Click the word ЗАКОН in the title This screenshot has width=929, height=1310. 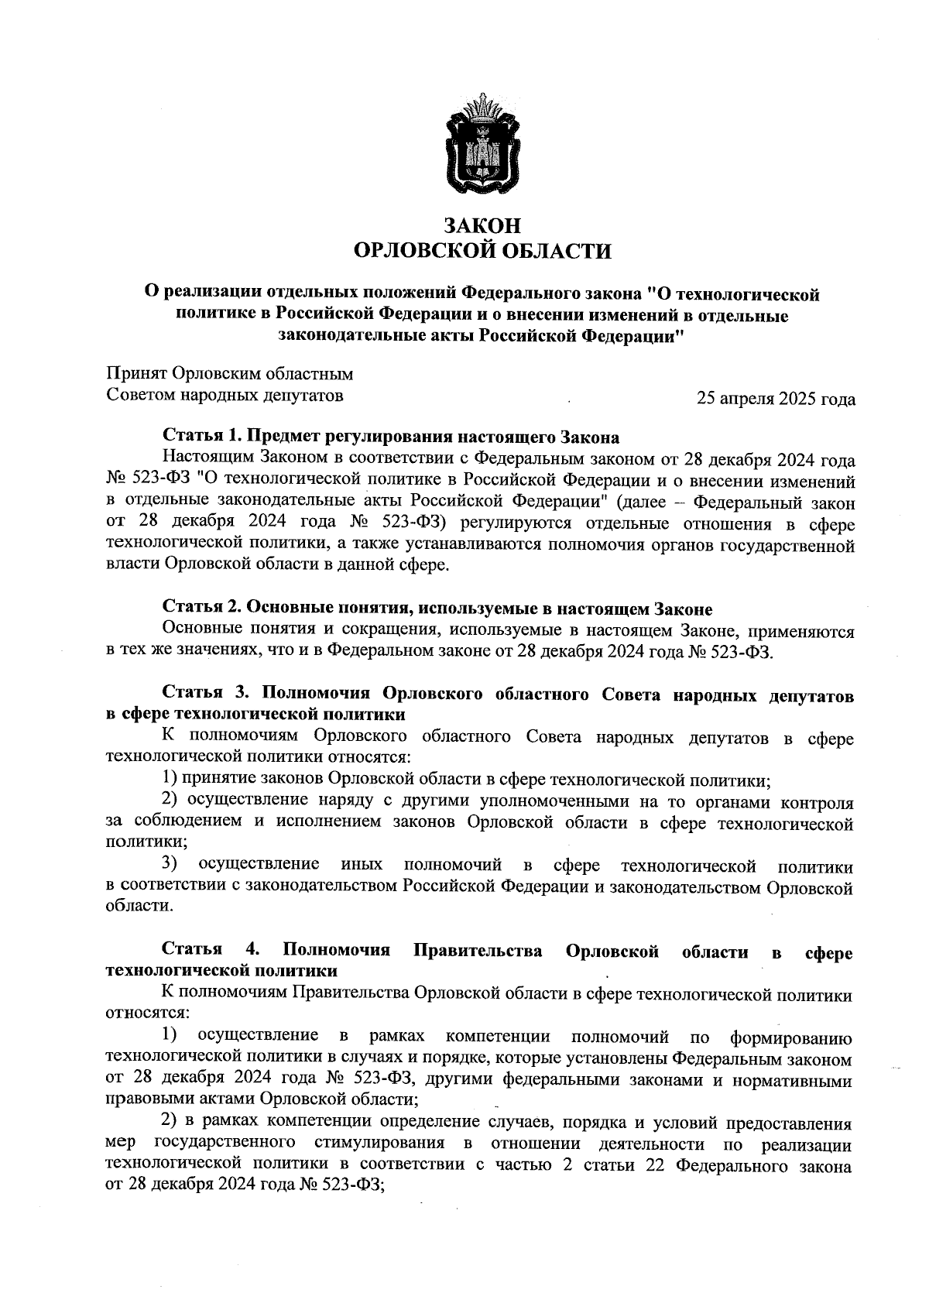482,225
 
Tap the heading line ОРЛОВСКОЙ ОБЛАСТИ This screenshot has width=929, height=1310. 482,251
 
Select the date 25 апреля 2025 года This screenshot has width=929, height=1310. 776,400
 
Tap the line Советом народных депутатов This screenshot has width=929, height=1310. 225,396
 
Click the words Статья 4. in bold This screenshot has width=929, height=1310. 210,951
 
